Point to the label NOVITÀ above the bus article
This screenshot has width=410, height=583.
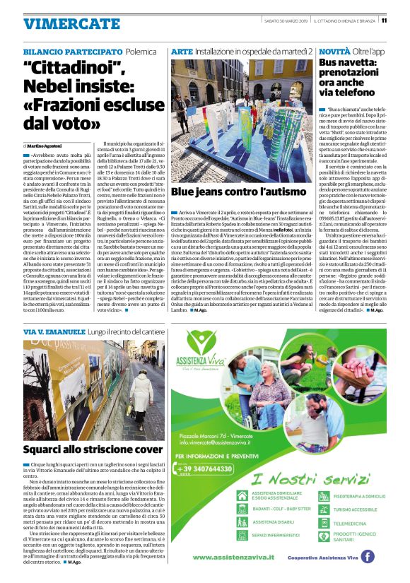click(x=333, y=52)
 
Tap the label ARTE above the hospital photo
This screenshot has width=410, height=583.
click(x=181, y=52)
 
